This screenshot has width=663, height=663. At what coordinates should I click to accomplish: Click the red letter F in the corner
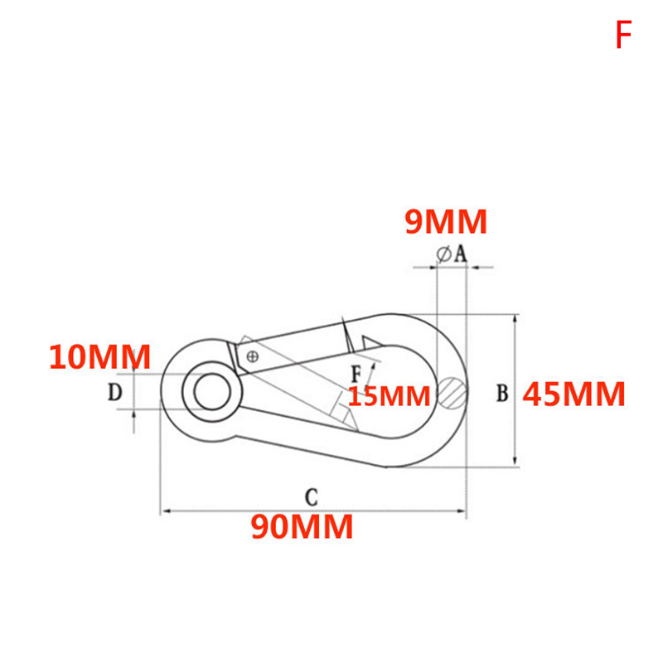(x=623, y=35)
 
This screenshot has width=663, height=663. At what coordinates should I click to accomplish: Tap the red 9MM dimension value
(x=446, y=221)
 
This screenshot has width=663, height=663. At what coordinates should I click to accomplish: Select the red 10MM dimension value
(x=99, y=357)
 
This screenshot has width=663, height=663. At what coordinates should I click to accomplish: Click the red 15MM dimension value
(x=390, y=396)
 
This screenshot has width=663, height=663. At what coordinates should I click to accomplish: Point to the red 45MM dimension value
(x=573, y=394)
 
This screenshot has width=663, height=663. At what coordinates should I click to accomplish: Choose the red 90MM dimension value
(x=302, y=526)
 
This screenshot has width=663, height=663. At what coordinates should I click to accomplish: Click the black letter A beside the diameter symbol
(x=461, y=254)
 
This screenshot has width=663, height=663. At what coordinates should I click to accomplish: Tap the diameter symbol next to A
(x=443, y=254)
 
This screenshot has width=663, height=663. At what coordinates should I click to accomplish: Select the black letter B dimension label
(x=502, y=393)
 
